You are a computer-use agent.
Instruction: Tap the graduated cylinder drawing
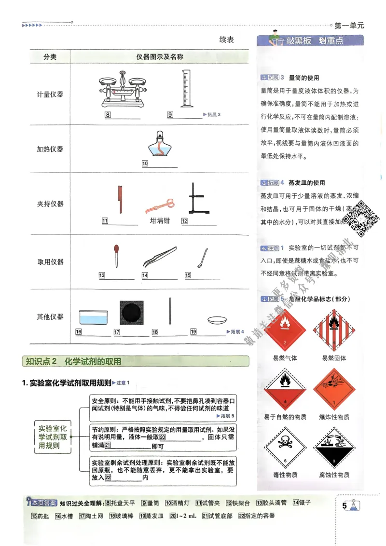click(185, 88)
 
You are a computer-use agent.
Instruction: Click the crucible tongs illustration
click(160, 206)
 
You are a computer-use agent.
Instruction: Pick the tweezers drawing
click(160, 257)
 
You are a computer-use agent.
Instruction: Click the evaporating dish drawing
click(215, 320)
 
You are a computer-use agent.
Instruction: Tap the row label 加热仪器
click(50, 149)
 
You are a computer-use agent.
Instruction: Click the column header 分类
click(50, 57)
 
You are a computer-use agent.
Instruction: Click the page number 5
click(345, 505)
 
